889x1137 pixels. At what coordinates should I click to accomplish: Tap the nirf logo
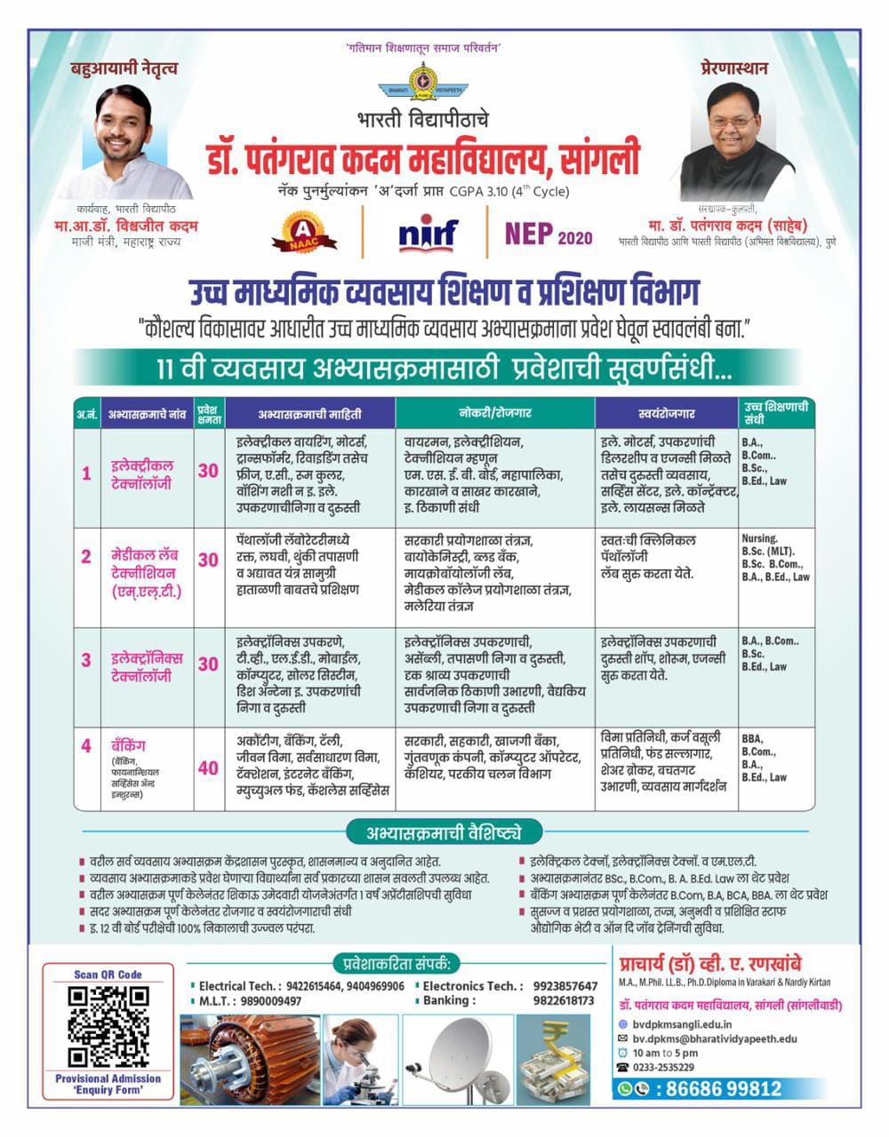428,233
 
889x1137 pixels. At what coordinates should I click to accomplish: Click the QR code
108,1025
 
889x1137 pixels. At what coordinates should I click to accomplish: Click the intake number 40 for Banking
208,767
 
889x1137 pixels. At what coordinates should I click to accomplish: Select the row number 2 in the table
86,557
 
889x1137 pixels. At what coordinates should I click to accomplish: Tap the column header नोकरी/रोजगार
495,413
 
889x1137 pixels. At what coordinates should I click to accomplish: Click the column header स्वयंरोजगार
667,413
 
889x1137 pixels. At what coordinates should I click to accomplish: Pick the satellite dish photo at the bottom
457,1059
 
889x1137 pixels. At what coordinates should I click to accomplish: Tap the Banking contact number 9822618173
564,1000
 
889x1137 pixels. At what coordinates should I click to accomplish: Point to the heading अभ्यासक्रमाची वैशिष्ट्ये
442,832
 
